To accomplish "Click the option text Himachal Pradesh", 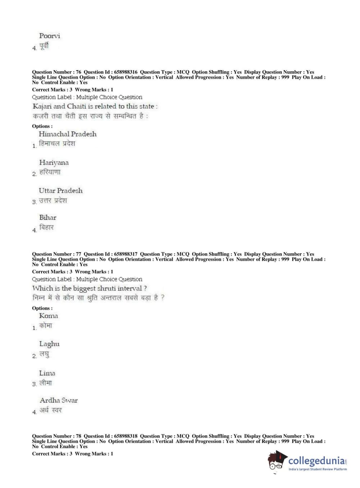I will pos(68,134).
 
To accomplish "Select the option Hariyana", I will pos(54,163).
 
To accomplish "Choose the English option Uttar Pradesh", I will pos(61,191).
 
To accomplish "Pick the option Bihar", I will pos(48,218).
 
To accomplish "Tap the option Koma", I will pos(49,316).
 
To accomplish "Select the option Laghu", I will pos(49,344).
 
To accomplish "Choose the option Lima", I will pos(47,373).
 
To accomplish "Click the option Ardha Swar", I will pos(59,401).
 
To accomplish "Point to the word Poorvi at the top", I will pos(50,36).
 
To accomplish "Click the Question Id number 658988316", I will pos(126,72).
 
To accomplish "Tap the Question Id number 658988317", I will pos(126,254).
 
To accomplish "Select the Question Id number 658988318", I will pos(126,436).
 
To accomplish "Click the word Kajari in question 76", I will pos(42,107).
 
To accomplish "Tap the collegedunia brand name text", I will pos(316,461).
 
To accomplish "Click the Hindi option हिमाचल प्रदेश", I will pos(57,144).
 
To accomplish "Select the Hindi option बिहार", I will pos(46,227).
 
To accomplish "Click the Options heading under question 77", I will pos(42,308).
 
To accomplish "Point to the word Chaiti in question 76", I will pos(77,107).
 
